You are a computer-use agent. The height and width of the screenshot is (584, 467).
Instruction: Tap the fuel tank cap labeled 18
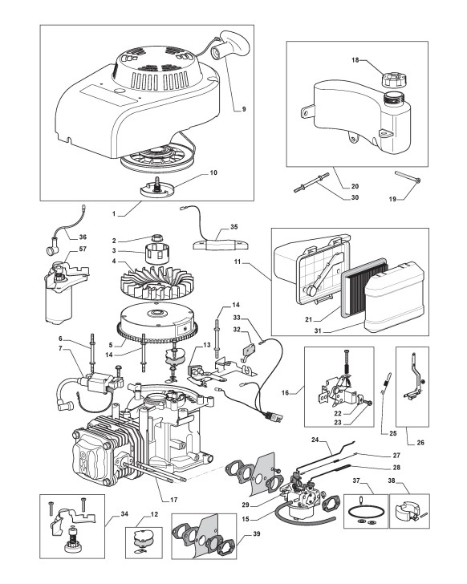[x=394, y=75]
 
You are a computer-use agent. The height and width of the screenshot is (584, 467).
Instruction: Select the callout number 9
[x=244, y=109]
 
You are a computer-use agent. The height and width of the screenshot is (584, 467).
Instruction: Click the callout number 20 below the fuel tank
[x=355, y=186]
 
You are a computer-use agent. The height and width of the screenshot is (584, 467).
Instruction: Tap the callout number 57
[x=83, y=249]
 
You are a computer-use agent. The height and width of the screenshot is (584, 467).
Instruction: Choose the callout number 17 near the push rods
[x=174, y=500]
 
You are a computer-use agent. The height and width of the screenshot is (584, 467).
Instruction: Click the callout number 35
[x=233, y=227]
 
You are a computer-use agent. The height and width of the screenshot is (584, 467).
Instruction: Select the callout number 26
[x=420, y=443]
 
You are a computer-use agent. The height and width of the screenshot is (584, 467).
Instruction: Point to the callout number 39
[x=257, y=533]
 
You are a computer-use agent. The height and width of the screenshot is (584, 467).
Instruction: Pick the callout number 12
[x=154, y=514]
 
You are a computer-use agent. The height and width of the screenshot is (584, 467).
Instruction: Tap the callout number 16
[x=285, y=392]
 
